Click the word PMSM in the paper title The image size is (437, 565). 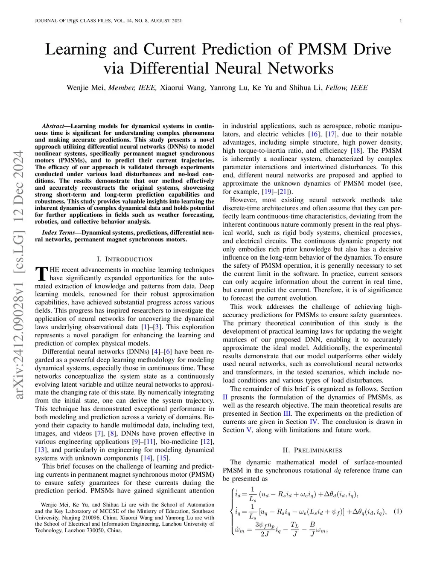(x=322, y=49)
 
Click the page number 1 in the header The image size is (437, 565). (x=401, y=21)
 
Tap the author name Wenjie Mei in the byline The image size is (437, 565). (x=85, y=88)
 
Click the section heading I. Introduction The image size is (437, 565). (x=125, y=259)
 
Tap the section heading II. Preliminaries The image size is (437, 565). (x=312, y=450)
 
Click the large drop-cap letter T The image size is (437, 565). (x=41, y=274)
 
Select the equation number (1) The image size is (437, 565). (x=397, y=511)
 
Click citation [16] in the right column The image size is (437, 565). (x=315, y=134)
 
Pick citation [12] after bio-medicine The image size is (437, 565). (x=207, y=442)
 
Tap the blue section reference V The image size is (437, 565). (x=248, y=430)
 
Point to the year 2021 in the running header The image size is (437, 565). (x=175, y=21)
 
